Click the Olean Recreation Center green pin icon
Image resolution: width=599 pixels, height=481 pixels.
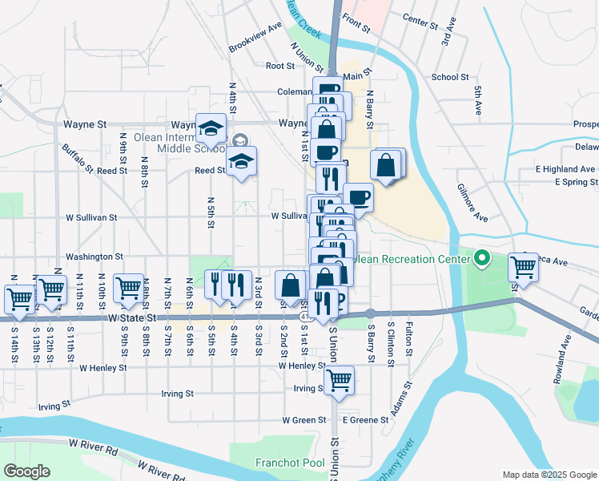481,258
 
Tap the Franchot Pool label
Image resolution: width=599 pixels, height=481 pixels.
290,463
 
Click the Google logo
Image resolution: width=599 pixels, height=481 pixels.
27,471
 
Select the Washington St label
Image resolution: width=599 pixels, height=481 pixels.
94,257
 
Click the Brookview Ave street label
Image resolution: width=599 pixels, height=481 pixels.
255,36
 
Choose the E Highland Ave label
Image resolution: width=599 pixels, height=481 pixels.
566,169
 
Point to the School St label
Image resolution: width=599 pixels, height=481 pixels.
449,77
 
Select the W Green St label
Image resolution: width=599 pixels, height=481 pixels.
304,419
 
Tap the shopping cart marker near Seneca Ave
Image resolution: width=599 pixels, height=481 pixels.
523,266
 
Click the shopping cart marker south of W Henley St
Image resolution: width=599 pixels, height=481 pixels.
340,379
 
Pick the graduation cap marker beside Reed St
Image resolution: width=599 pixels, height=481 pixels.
241,160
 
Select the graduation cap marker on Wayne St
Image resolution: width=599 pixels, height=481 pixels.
211,127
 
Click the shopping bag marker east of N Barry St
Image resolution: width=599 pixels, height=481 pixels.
386,165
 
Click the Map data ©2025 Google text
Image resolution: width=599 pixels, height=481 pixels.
549,475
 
